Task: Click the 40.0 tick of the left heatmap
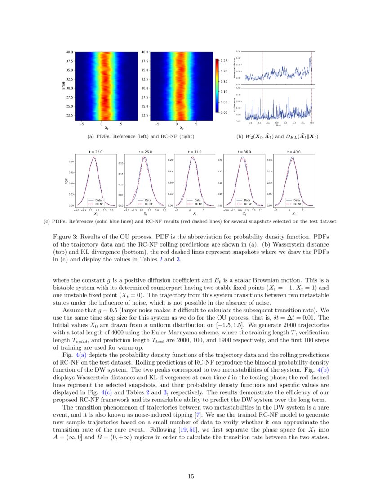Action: pyautogui.click(x=70, y=52)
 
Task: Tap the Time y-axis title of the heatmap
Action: pyautogui.click(x=63, y=85)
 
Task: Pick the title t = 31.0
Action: pyautogui.click(x=194, y=152)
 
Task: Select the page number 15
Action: pyautogui.click(x=191, y=477)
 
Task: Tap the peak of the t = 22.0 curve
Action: pyautogui.click(x=94, y=157)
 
